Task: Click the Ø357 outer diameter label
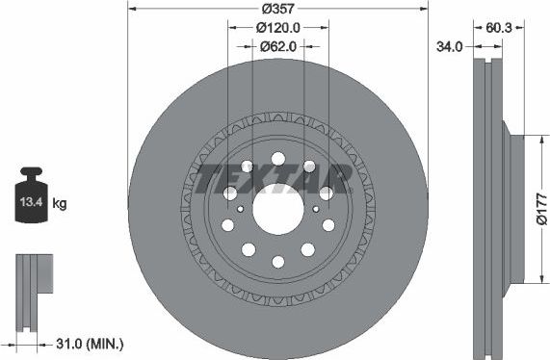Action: [x=277, y=10]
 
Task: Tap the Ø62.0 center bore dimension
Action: [x=277, y=45]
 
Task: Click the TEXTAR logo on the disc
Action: [x=274, y=176]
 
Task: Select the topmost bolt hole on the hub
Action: [x=277, y=158]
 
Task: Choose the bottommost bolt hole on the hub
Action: [x=277, y=261]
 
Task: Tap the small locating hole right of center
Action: [x=317, y=207]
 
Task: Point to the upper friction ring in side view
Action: [x=487, y=96]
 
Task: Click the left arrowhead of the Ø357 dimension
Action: [x=131, y=10]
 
